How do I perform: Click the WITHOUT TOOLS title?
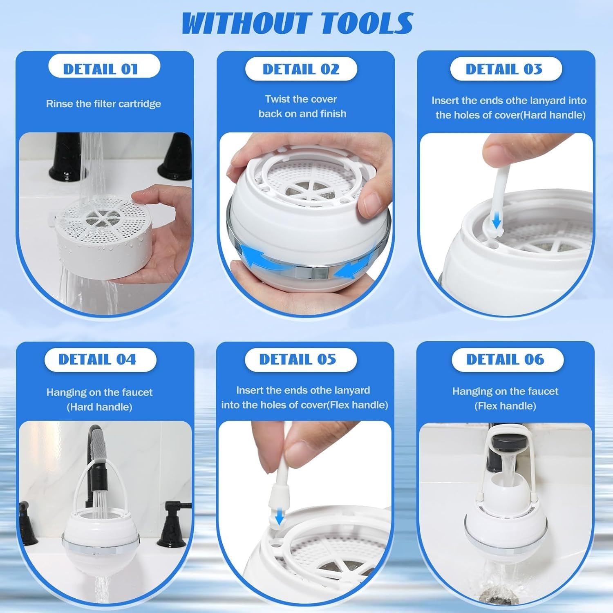click(297, 23)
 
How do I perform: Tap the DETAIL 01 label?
click(101, 69)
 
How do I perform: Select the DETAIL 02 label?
click(301, 69)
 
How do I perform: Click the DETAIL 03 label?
click(504, 69)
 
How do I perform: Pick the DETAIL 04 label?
click(97, 359)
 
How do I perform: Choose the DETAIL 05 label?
click(298, 359)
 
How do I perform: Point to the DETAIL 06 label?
click(505, 359)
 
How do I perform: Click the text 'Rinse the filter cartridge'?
click(103, 104)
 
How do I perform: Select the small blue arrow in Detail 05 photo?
click(279, 518)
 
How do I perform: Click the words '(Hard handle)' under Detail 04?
click(99, 407)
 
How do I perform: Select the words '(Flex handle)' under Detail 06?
click(505, 406)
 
